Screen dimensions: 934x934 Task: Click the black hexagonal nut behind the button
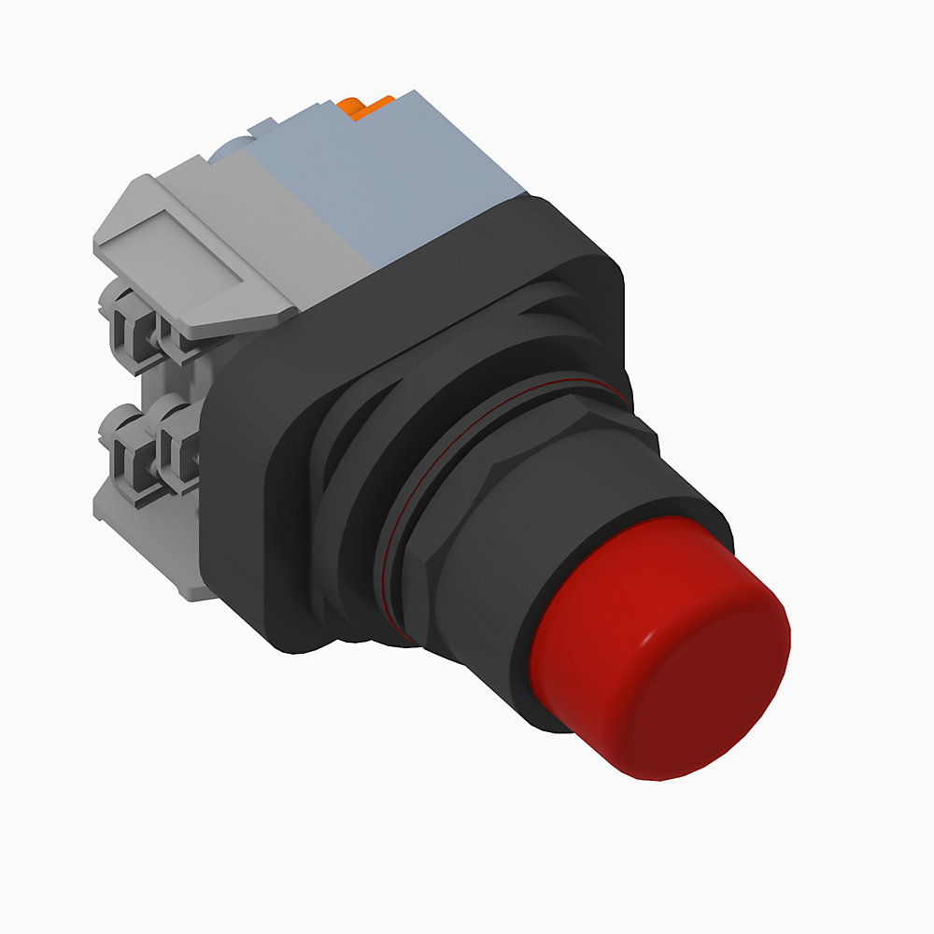pyautogui.click(x=486, y=523)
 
